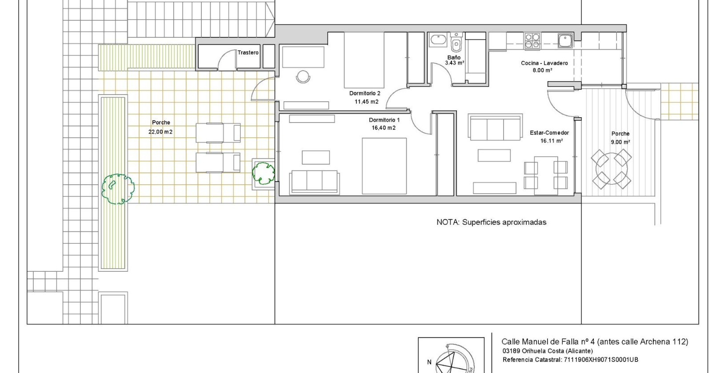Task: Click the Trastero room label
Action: point(248,52)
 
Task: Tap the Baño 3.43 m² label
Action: point(454,60)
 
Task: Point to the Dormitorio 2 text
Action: point(364,93)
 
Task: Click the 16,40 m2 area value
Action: point(384,128)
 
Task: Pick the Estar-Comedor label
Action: point(549,133)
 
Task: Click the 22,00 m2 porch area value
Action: point(160,132)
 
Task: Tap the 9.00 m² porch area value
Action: point(620,142)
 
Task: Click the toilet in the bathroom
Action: point(456,43)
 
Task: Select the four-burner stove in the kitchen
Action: point(532,40)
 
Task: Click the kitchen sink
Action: point(565,40)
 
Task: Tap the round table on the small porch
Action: point(611,169)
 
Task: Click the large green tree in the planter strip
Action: point(117,188)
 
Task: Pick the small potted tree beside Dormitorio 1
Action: point(264,173)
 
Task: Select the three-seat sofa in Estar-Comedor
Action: point(495,127)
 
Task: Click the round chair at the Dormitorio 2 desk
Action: point(303,76)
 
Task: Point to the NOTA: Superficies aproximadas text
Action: point(491,222)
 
